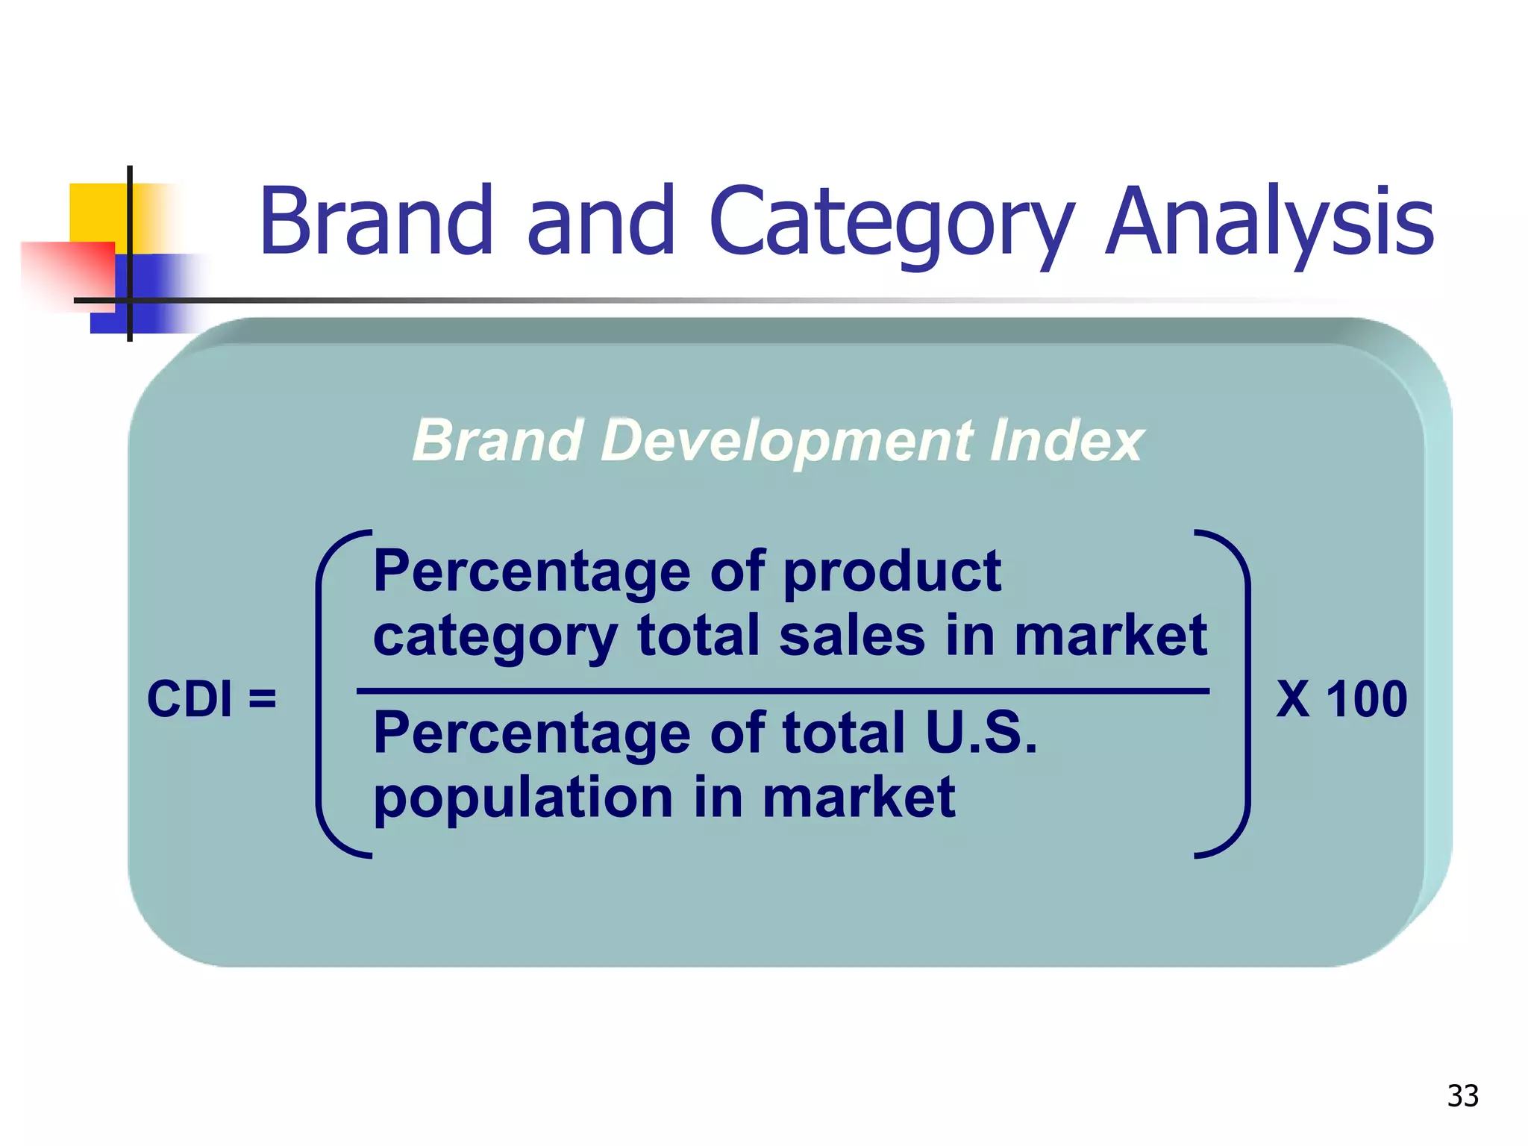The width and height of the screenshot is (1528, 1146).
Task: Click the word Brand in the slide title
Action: pos(376,222)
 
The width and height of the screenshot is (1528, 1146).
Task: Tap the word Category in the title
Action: pos(892,222)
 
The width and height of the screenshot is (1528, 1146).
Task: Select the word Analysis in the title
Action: pos(1268,222)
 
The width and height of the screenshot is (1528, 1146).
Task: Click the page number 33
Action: pos(1462,1096)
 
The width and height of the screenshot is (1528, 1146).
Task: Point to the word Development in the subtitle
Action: pos(787,440)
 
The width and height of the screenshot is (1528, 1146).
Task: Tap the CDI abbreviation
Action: pos(190,699)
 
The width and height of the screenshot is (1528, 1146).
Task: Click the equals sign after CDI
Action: pos(263,699)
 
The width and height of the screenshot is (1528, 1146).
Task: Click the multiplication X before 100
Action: pos(1293,699)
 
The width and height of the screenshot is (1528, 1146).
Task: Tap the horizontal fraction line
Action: pos(783,692)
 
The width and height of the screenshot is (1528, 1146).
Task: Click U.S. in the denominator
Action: pos(981,733)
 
